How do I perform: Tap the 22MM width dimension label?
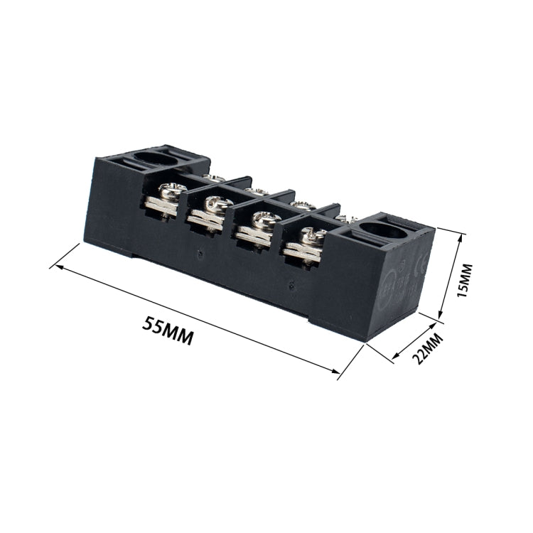point(428,346)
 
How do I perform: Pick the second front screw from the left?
point(215,205)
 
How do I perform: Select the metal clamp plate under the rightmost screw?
point(303,252)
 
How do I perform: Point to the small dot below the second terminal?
point(200,252)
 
